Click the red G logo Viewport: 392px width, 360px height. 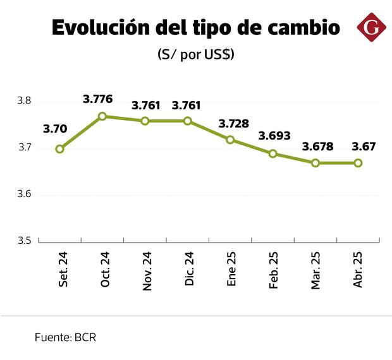(372, 28)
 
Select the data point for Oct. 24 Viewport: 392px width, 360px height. (102, 116)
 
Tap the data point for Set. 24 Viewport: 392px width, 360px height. (59, 149)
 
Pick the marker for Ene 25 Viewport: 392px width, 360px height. (230, 140)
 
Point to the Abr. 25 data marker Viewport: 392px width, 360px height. (358, 163)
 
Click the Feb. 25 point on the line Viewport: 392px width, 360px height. (273, 153)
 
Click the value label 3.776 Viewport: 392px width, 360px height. (98, 99)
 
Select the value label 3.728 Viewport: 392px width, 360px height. (234, 123)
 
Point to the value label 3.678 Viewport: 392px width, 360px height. (318, 147)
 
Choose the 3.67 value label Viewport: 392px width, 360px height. (364, 147)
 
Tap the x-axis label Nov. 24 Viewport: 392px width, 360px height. (147, 271)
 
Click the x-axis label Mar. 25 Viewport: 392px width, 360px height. (316, 270)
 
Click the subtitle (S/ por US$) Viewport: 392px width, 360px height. (196, 55)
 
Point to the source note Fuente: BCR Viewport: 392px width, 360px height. (65, 338)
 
